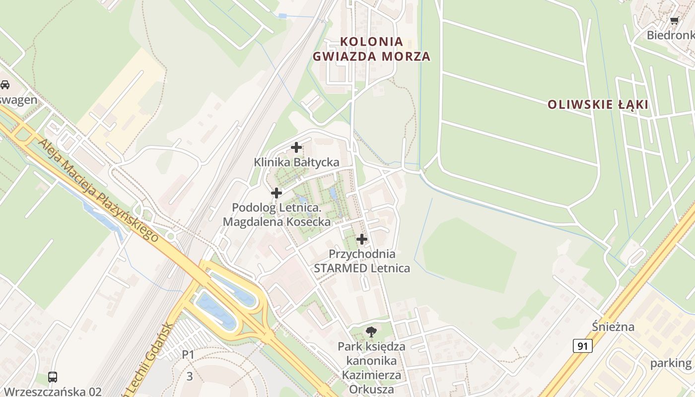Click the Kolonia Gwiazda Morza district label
pyautogui.click(x=371, y=49)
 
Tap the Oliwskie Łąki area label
pyautogui.click(x=598, y=105)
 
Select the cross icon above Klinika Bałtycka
pyautogui.click(x=296, y=147)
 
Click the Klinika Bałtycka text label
pyautogui.click(x=296, y=162)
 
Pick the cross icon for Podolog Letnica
pyautogui.click(x=277, y=193)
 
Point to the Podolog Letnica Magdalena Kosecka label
pyautogui.click(x=277, y=214)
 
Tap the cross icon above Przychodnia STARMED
pyautogui.click(x=362, y=239)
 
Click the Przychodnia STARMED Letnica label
pyautogui.click(x=362, y=261)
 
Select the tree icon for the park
pyautogui.click(x=371, y=331)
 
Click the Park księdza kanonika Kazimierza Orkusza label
pyautogui.click(x=371, y=368)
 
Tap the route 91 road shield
pyautogui.click(x=582, y=346)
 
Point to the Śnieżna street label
pyautogui.click(x=613, y=327)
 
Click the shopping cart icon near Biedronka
pyautogui.click(x=674, y=21)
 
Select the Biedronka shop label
pyautogui.click(x=670, y=35)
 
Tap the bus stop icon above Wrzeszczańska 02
pyautogui.click(x=53, y=377)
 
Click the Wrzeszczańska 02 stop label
pyautogui.click(x=52, y=392)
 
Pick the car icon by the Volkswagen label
pyautogui.click(x=5, y=85)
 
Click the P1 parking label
pyautogui.click(x=188, y=355)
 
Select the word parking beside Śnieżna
pyautogui.click(x=671, y=363)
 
